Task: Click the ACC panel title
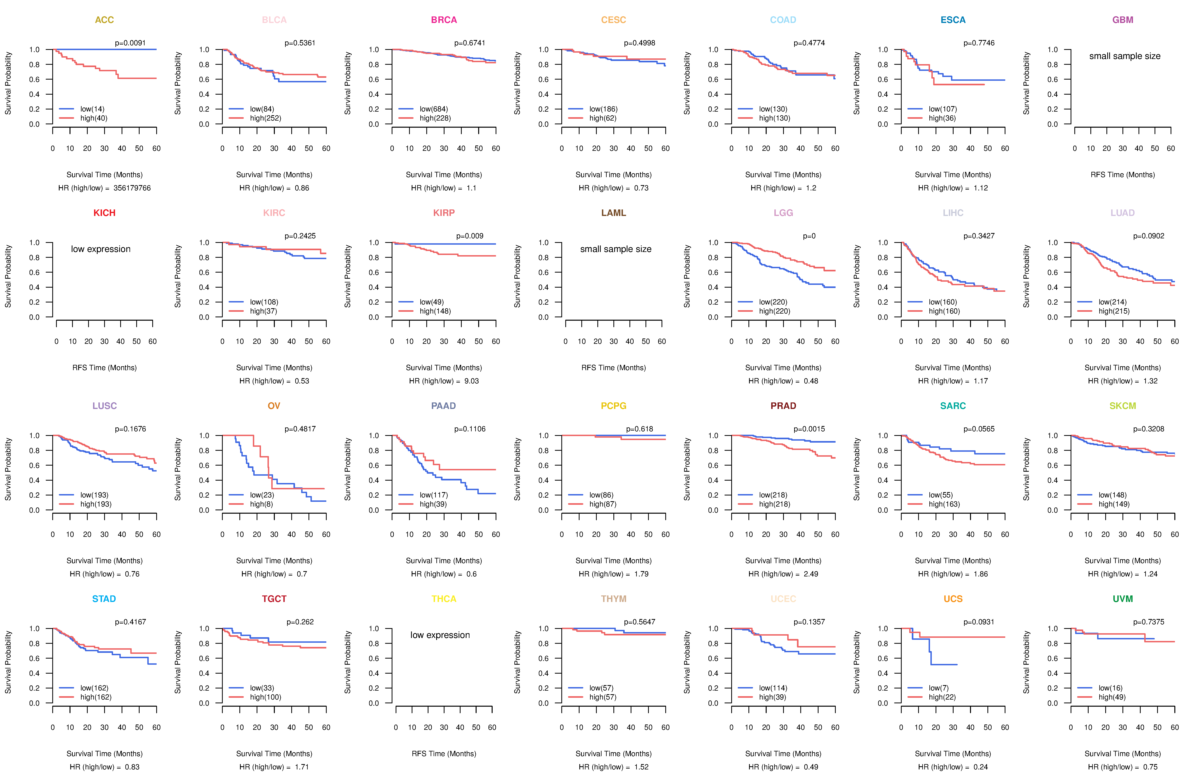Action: [x=104, y=20]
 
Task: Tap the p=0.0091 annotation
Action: [x=130, y=43]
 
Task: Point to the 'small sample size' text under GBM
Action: [x=1125, y=56]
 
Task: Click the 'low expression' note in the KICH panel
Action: [x=101, y=249]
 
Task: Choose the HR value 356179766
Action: [x=132, y=188]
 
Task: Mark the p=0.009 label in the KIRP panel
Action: [x=470, y=236]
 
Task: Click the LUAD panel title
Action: [x=1123, y=213]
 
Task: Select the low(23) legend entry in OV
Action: [x=262, y=495]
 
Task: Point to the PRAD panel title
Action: [x=783, y=406]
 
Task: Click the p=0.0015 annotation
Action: [x=809, y=429]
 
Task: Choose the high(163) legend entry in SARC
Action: [x=944, y=504]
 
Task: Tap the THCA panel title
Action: [x=444, y=599]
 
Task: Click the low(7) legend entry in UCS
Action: [x=938, y=688]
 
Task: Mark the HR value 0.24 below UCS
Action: [x=980, y=767]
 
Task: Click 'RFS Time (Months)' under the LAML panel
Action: [x=613, y=368]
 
